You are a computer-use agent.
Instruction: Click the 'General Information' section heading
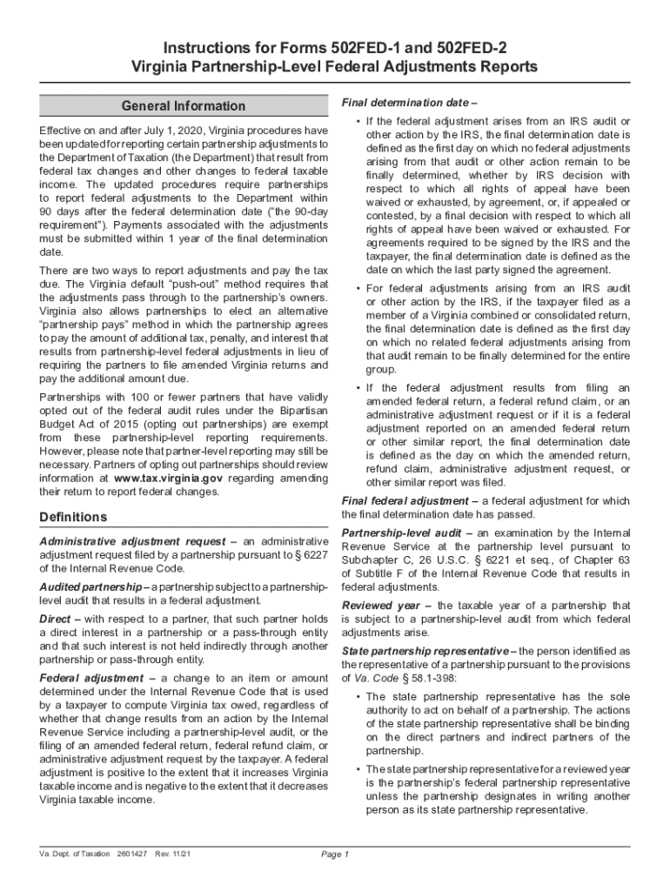184,106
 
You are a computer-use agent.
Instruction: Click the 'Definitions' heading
74,518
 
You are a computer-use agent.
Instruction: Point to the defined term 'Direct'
55,618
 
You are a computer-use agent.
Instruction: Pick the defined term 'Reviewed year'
384,605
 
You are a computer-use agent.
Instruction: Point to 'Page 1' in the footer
335,854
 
